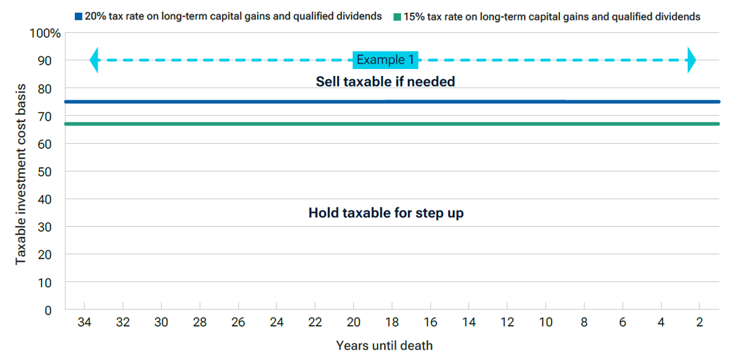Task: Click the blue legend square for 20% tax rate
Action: click(x=79, y=16)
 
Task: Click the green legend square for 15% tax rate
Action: click(x=397, y=17)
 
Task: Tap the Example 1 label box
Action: click(x=385, y=60)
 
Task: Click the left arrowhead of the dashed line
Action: click(x=94, y=60)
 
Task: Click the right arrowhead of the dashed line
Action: click(x=691, y=60)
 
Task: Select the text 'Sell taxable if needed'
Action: click(x=385, y=82)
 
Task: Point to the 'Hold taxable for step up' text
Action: click(x=386, y=213)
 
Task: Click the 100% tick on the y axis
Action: click(x=46, y=33)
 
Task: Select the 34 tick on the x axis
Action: click(x=85, y=323)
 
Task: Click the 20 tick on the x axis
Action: click(x=354, y=323)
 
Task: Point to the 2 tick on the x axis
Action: click(x=699, y=323)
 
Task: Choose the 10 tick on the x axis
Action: click(x=545, y=323)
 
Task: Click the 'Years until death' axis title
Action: click(x=384, y=345)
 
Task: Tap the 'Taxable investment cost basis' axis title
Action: click(x=21, y=174)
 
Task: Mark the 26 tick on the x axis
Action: click(x=238, y=323)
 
